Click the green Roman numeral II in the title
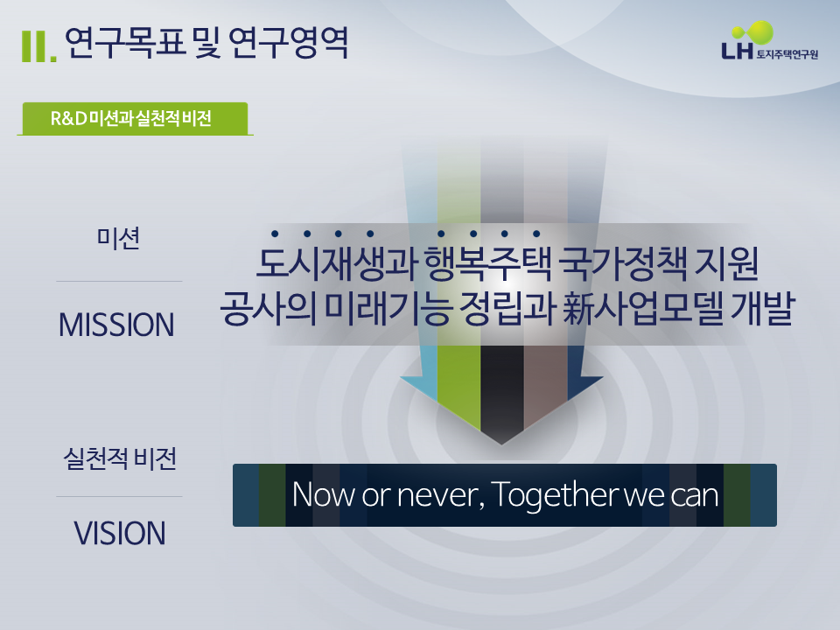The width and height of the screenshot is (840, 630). pos(38,48)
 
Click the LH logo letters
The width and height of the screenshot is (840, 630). pos(736,52)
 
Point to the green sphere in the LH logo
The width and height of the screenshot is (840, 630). pos(760,32)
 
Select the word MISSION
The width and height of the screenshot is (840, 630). pos(116,325)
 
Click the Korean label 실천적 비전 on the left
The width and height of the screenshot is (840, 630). pos(120,458)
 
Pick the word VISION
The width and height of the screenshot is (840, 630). pos(119,533)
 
